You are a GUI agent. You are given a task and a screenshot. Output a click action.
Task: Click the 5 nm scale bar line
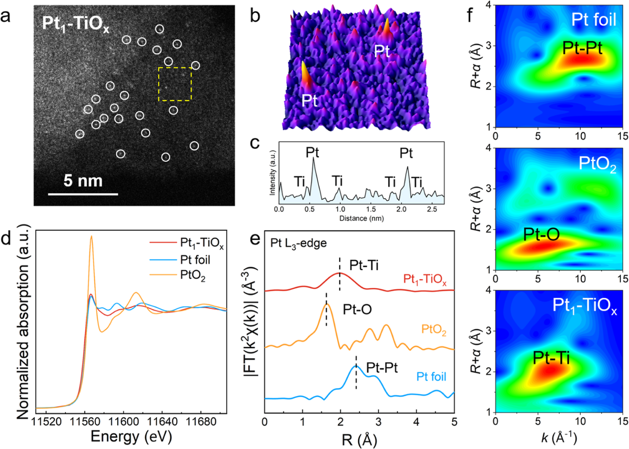click(x=83, y=194)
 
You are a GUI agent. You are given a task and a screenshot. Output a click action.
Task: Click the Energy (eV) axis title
click(x=131, y=437)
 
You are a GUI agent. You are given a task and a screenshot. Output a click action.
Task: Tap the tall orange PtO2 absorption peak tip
click(x=91, y=236)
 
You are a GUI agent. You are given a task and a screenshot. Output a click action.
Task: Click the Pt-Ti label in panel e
click(x=364, y=265)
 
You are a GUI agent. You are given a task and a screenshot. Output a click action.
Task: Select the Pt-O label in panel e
click(x=357, y=309)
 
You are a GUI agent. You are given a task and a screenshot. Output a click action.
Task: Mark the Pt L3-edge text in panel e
click(x=299, y=243)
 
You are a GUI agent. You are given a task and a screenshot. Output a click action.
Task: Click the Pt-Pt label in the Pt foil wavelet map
click(x=582, y=48)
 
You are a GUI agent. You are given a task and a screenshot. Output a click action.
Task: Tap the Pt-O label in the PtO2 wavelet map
click(x=542, y=234)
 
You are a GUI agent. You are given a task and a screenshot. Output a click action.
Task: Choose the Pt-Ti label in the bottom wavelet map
click(x=551, y=358)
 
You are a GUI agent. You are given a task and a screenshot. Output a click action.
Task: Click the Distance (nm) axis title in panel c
click(x=361, y=218)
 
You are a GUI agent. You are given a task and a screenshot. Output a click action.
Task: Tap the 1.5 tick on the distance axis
click(x=371, y=209)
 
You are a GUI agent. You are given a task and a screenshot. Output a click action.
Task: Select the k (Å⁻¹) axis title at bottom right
click(x=559, y=437)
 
